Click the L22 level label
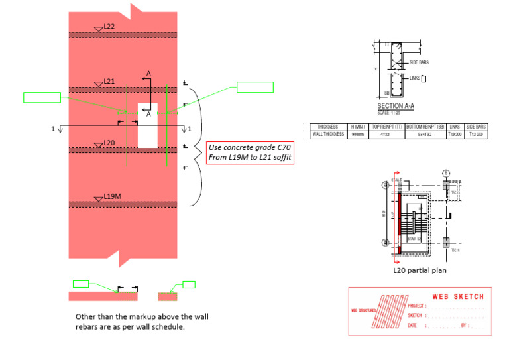pyautogui.click(x=109, y=27)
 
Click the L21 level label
pyautogui.click(x=109, y=82)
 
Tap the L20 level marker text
pyautogui.click(x=109, y=143)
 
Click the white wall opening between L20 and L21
pyautogui.click(x=148, y=126)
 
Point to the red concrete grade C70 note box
pyautogui.click(x=251, y=152)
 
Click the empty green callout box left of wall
pyautogui.click(x=42, y=98)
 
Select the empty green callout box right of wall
pyautogui.click(x=254, y=87)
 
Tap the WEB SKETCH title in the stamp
pyautogui.click(x=458, y=296)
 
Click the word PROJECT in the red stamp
pyautogui.click(x=416, y=306)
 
